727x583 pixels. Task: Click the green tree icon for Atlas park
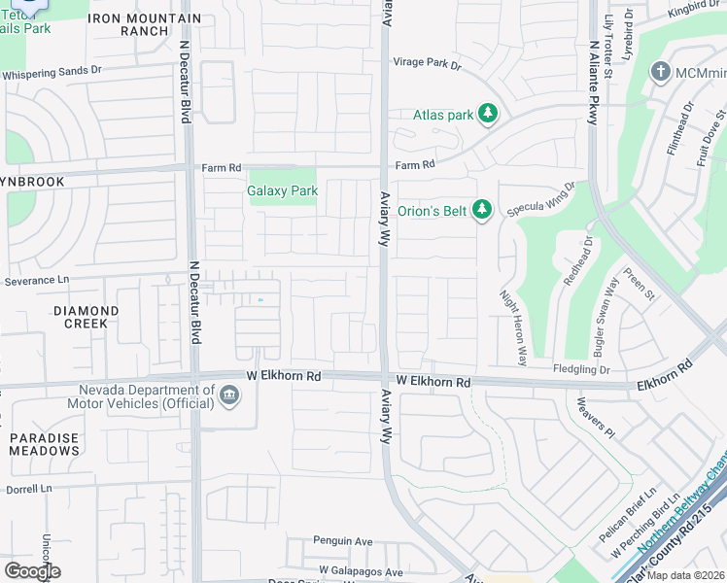click(x=488, y=115)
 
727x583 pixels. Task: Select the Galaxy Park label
click(x=282, y=190)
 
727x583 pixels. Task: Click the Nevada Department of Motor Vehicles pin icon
click(x=229, y=394)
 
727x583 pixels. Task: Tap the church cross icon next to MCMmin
click(x=661, y=72)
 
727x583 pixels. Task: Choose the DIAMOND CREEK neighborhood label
click(x=86, y=317)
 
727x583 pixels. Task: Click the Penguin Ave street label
click(x=342, y=540)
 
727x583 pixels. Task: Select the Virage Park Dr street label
click(x=426, y=63)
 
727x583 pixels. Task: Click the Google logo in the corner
click(x=32, y=571)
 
